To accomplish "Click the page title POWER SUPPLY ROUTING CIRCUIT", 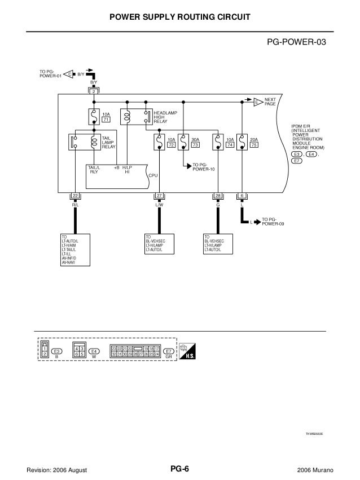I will pyautogui.click(x=179, y=19).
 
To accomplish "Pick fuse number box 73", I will pyautogui.click(x=196, y=145).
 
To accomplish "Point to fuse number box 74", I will pyautogui.click(x=230, y=145).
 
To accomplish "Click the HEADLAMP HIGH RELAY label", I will pyautogui.click(x=165, y=117).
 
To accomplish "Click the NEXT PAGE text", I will pyautogui.click(x=270, y=102).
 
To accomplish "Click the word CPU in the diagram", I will pyautogui.click(x=152, y=176).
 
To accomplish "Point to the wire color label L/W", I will pyautogui.click(x=159, y=204).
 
